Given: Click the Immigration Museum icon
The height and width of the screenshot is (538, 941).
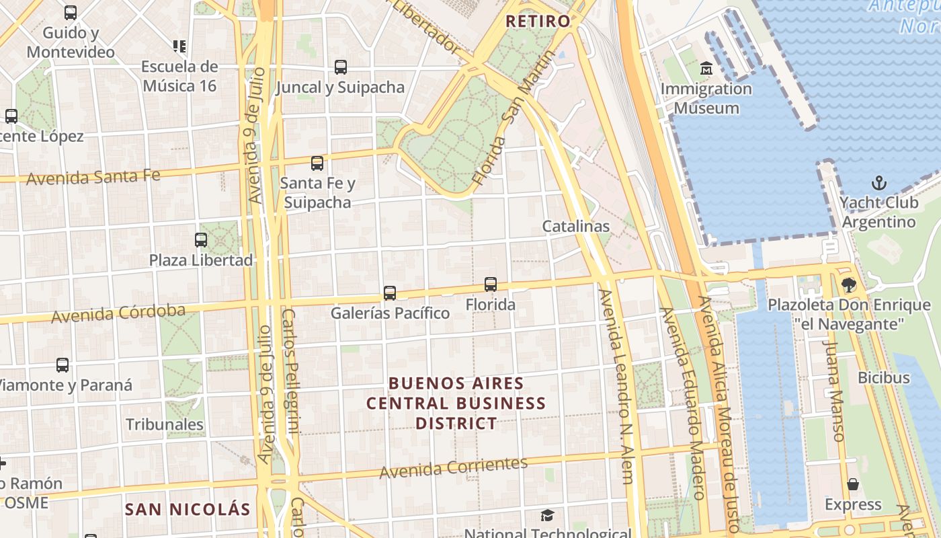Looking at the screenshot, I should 706,69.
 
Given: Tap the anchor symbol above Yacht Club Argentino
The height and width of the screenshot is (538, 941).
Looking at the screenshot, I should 878,183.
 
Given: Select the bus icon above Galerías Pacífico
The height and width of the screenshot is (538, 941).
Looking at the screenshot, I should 390,293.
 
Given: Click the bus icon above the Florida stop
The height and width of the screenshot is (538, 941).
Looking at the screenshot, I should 491,284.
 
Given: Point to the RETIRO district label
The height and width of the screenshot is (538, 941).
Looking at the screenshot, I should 538,21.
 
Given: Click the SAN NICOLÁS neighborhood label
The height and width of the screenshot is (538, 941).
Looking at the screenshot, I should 188,509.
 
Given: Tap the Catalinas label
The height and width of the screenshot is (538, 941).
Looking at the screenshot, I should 576,226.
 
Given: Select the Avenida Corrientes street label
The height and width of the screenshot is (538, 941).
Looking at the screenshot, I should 454,468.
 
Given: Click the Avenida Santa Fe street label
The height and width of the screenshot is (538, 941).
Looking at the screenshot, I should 93,177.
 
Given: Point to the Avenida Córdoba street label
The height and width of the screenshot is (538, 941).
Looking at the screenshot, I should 118,313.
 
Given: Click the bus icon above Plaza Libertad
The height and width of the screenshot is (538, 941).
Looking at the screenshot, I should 200,240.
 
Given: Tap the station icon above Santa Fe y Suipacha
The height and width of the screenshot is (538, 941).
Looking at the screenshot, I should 317,163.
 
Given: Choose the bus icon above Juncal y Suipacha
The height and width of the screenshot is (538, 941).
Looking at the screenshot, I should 341,67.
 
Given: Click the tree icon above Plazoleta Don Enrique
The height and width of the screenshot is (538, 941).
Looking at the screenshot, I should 849,285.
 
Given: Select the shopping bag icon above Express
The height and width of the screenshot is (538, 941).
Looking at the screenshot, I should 853,484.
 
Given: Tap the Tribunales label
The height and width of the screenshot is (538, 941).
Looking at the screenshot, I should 165,424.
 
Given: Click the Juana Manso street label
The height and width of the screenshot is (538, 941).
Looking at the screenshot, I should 833,391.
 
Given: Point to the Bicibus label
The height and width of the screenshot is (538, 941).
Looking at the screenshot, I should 883,377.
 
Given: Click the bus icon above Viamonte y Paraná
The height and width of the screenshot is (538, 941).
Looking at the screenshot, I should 63,365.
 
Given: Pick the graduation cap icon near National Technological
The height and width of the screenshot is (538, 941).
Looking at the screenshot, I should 548,516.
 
